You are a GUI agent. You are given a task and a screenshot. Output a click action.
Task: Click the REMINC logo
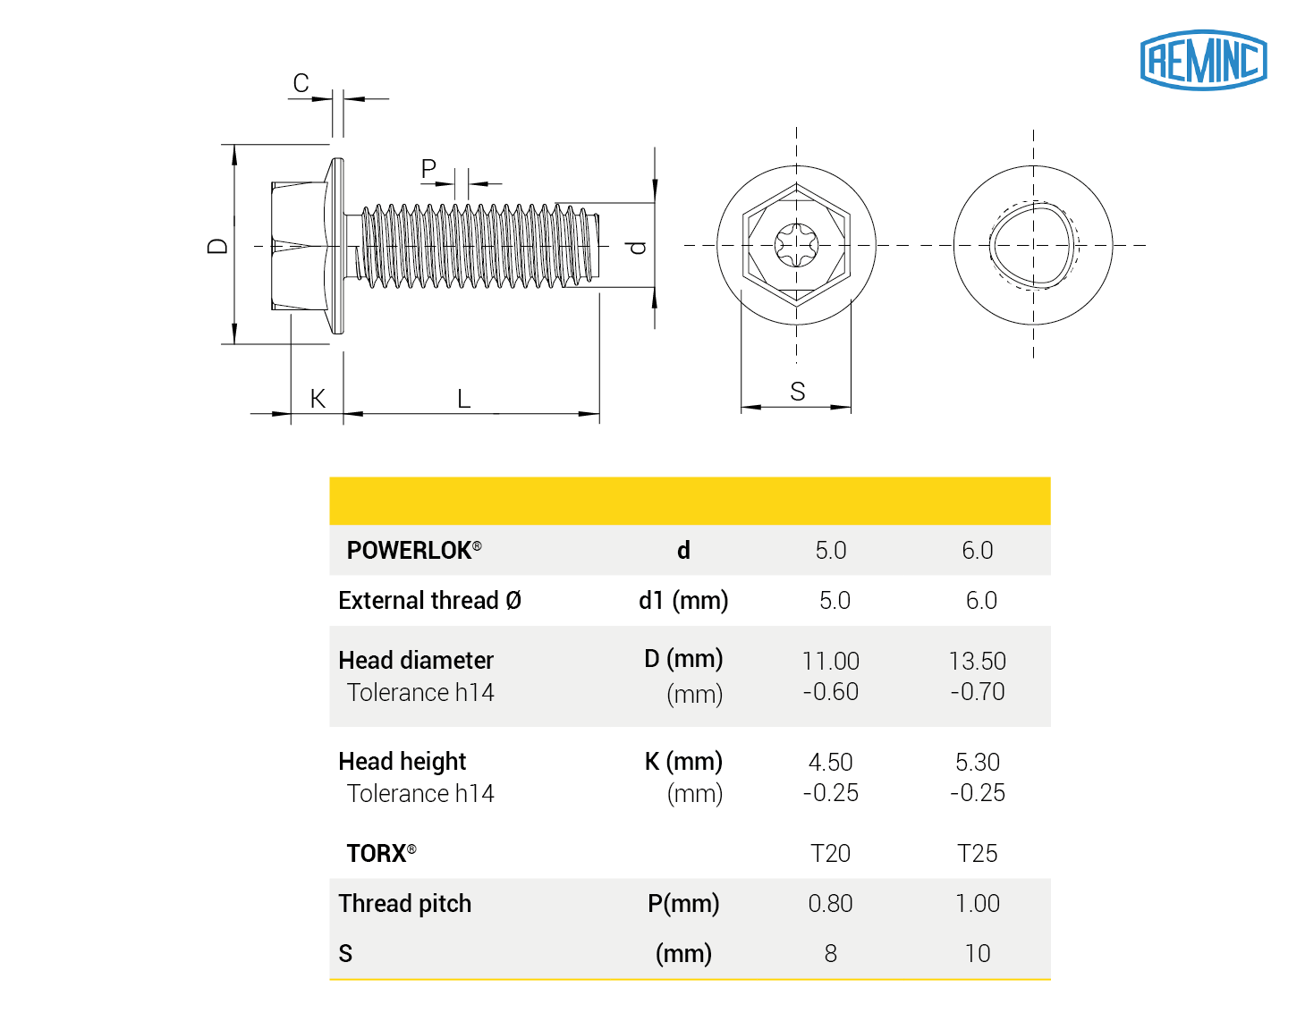(x=1203, y=60)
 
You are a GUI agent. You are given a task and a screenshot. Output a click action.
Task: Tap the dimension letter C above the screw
(x=301, y=83)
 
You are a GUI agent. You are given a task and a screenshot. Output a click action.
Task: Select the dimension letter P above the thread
(x=428, y=168)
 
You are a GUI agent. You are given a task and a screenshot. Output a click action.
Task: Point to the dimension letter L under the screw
(x=463, y=399)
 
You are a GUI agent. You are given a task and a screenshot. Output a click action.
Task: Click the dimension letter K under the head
(x=318, y=399)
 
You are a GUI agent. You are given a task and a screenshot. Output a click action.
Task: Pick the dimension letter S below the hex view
(x=797, y=392)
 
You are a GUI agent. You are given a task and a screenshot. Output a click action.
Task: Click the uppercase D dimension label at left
(x=217, y=246)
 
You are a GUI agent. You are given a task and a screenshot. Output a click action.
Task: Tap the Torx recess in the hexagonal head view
(x=796, y=244)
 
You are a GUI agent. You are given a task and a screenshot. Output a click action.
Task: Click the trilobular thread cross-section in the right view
(x=1033, y=245)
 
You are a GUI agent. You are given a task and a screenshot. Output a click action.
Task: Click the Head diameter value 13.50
(x=977, y=661)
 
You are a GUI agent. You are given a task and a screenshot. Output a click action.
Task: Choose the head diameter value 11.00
(x=830, y=661)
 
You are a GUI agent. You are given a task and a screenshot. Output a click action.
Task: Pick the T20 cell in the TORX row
(x=830, y=853)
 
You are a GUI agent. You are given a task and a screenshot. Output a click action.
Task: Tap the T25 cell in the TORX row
(x=977, y=853)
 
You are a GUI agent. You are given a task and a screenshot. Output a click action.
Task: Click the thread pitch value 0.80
(x=830, y=903)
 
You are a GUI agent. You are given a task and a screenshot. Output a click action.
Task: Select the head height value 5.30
(x=977, y=762)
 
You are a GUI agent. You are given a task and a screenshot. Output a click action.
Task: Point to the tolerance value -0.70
(x=977, y=692)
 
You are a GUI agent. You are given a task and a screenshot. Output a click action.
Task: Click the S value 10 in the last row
(x=977, y=953)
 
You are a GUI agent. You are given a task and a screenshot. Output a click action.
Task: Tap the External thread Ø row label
(x=429, y=600)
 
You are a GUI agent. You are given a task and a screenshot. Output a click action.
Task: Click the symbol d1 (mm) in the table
(x=683, y=600)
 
